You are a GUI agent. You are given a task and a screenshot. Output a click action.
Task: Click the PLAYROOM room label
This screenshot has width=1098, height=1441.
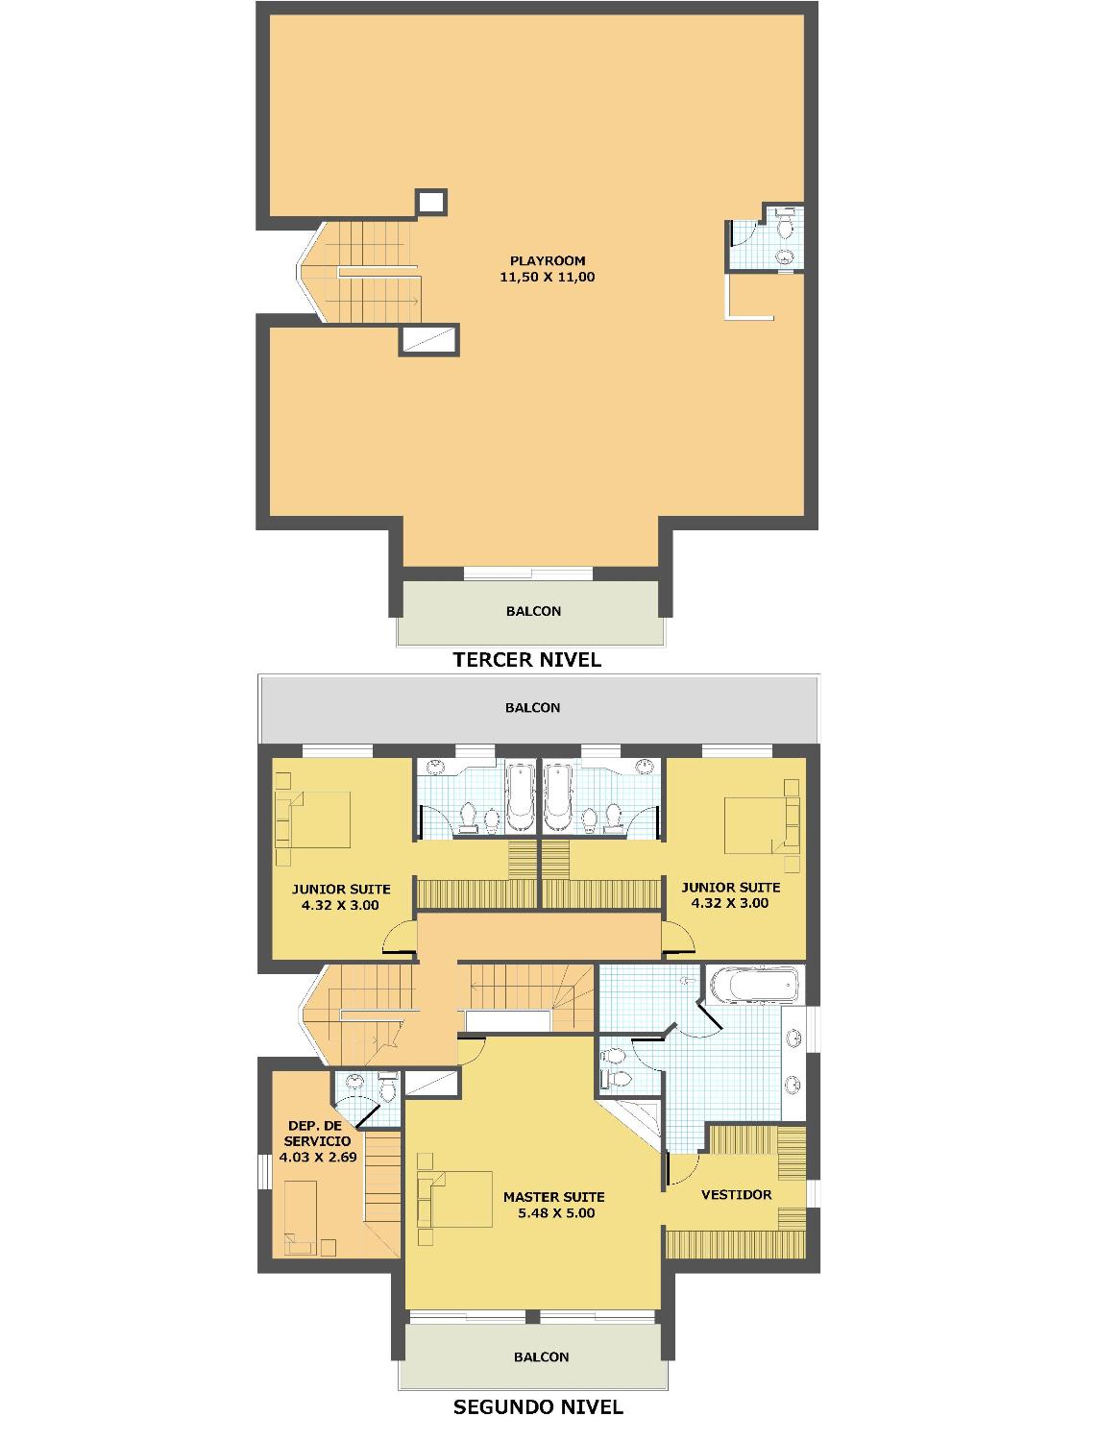coord(548,260)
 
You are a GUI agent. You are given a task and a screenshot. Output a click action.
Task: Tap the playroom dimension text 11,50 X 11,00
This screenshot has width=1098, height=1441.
coord(548,277)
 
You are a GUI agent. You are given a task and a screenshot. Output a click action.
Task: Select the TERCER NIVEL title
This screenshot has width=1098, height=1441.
coord(527,660)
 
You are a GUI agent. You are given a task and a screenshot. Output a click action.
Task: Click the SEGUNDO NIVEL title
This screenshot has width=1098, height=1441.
coord(538,1405)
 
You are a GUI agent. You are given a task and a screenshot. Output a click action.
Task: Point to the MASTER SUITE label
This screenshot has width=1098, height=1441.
coord(554,1197)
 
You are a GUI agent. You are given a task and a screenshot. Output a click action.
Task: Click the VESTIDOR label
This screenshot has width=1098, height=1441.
coord(737,1194)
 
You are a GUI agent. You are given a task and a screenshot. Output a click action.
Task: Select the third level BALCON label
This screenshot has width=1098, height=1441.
coord(533,611)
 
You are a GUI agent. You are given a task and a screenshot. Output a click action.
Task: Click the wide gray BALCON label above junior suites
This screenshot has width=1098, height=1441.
coord(533,708)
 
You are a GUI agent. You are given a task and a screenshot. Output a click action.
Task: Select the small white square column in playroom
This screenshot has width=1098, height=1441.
coord(431,202)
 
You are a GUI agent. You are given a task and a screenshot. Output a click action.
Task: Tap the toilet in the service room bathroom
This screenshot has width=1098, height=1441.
coord(388,1090)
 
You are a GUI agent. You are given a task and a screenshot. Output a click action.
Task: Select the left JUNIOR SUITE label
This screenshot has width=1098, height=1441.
coord(341,889)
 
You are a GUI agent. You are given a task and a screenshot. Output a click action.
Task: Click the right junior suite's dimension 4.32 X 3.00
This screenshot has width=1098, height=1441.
coord(730,903)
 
